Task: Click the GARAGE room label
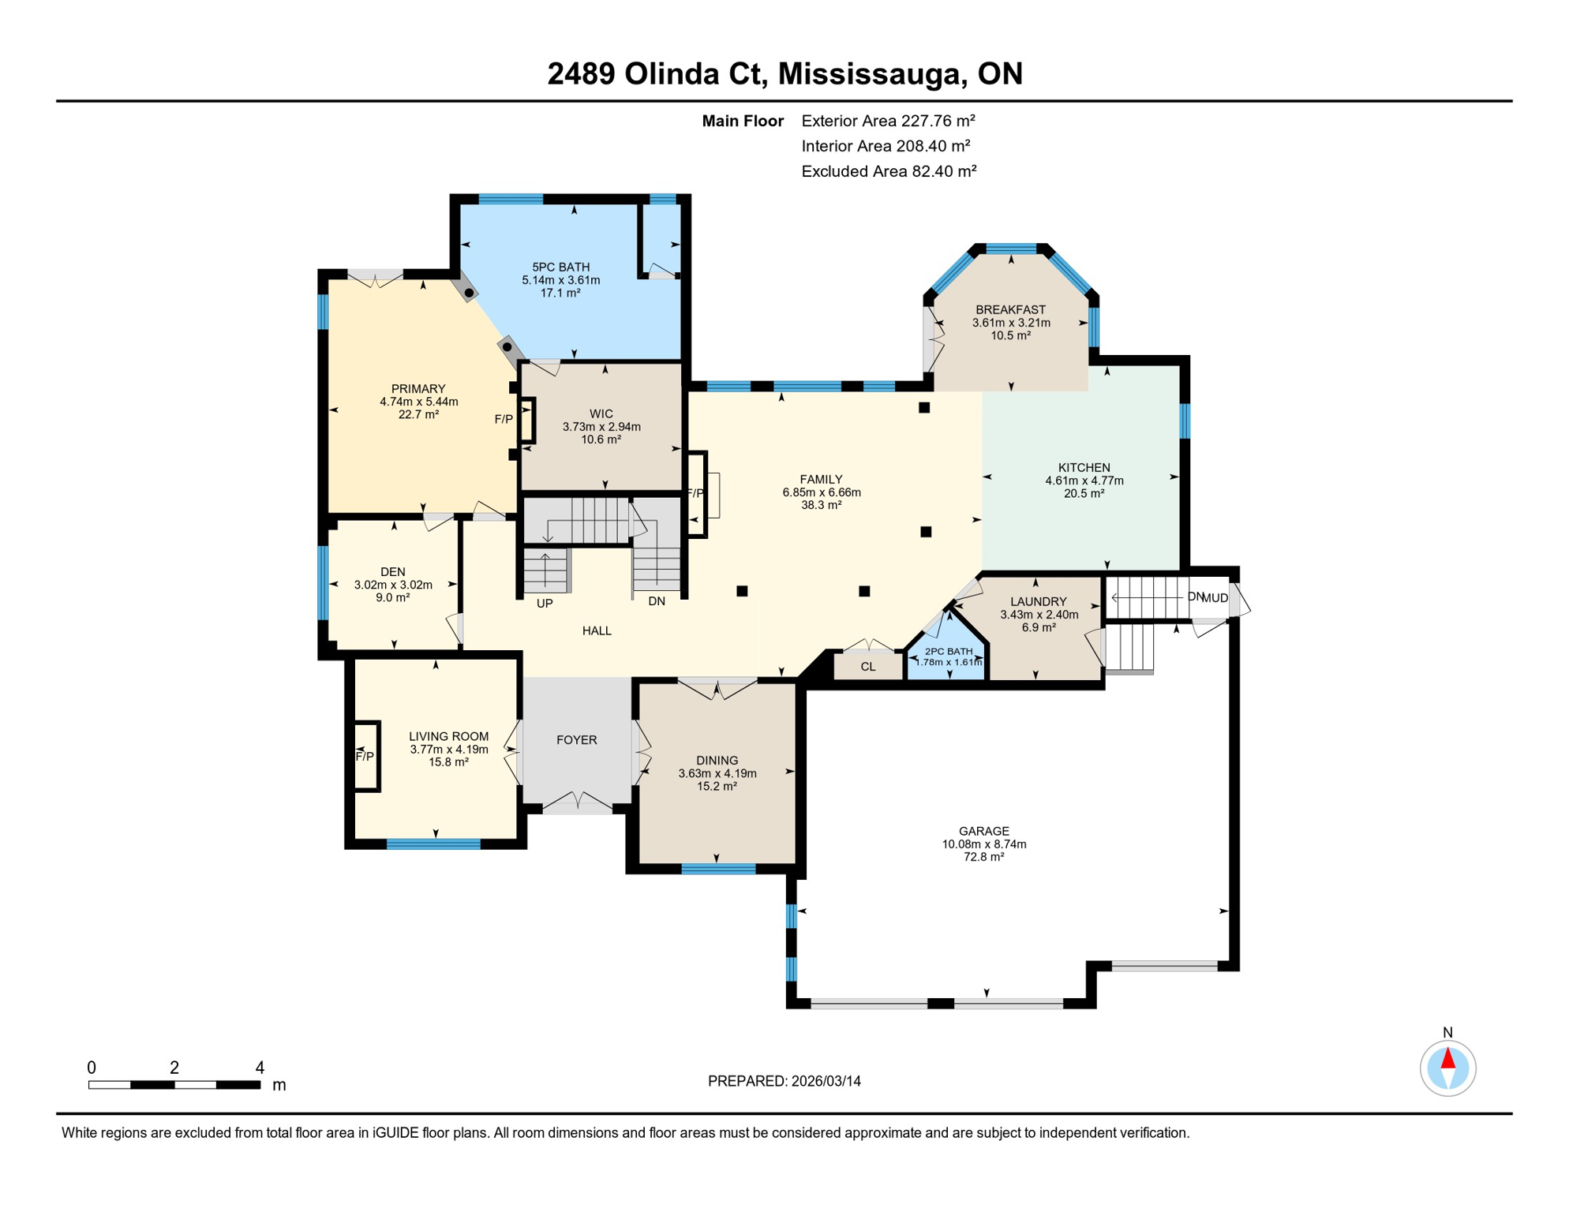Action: (983, 831)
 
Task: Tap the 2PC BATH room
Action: (948, 657)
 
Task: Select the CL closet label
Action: (868, 667)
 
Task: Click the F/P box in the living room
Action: (366, 756)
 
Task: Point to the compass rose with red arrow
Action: (1447, 1068)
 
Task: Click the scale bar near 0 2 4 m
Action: (174, 1085)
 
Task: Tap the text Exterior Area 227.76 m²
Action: (888, 121)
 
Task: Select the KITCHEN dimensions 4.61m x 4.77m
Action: (1084, 481)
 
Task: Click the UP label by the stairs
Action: (545, 604)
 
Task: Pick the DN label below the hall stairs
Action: (657, 601)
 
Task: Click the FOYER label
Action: (576, 740)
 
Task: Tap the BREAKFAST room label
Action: (1010, 310)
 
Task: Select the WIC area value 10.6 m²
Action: (601, 440)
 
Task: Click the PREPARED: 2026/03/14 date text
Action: (784, 1081)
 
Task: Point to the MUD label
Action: (1215, 598)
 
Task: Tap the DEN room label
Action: (392, 572)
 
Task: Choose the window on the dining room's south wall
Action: (718, 869)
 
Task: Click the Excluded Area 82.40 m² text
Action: (889, 171)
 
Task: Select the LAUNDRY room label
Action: (1038, 602)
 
